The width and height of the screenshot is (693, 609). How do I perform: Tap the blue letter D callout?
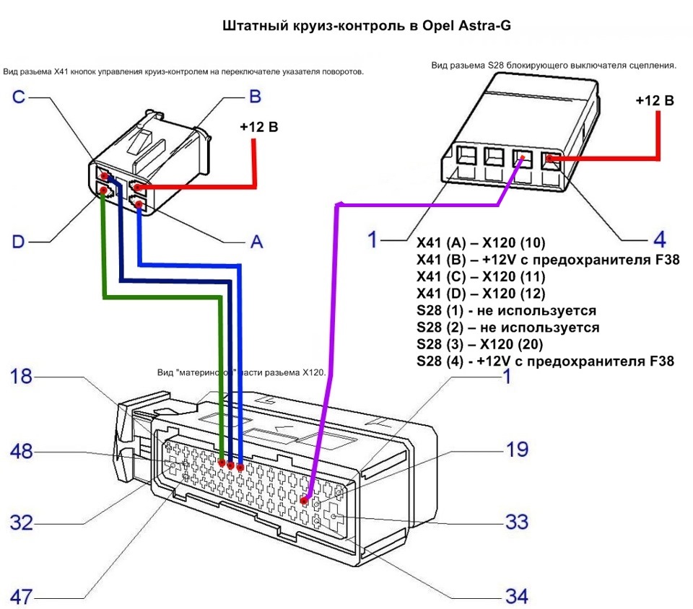[x=19, y=240]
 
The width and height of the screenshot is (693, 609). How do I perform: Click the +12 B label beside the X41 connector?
[x=258, y=128]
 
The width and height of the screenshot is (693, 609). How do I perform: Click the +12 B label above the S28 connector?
[x=655, y=100]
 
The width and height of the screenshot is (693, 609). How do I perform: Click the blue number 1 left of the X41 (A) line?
[x=372, y=240]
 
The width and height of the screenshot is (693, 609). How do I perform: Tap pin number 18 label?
[x=22, y=376]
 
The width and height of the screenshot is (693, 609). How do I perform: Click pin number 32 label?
[x=22, y=522]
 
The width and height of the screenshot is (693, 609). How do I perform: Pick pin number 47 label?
[x=22, y=596]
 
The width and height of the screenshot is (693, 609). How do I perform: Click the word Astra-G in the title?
[x=484, y=25]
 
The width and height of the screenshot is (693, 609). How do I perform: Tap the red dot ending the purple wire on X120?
[x=304, y=500]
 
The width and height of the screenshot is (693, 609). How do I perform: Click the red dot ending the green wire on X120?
[x=221, y=464]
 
